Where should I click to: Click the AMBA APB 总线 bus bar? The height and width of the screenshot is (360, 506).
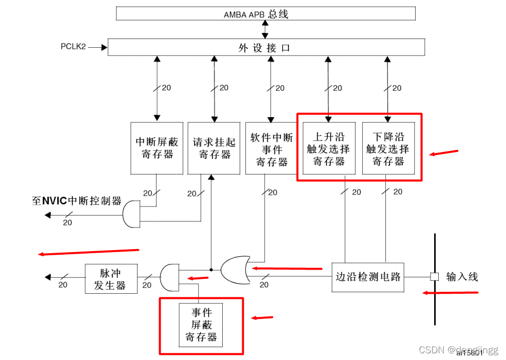[265, 14]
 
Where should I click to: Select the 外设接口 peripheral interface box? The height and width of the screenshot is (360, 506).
[265, 48]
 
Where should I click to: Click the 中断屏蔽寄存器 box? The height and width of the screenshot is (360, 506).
[157, 148]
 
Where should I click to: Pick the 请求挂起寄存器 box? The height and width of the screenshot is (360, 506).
[214, 148]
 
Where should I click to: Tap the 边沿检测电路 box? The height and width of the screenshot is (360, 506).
[367, 277]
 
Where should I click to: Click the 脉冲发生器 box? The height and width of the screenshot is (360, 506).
[111, 279]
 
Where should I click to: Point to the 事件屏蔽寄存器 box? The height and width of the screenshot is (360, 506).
[201, 325]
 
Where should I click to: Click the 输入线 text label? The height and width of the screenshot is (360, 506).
[462, 277]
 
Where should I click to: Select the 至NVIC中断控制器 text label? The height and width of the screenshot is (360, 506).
[77, 201]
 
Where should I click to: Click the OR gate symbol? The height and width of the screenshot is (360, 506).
[236, 270]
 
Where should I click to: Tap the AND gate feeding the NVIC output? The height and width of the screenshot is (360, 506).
[131, 214]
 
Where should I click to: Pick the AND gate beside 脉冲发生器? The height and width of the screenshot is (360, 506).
[169, 277]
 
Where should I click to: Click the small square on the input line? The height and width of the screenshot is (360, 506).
[434, 277]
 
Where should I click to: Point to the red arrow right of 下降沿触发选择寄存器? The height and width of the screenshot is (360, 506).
[444, 153]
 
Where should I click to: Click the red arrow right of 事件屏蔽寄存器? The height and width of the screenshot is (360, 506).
[262, 318]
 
